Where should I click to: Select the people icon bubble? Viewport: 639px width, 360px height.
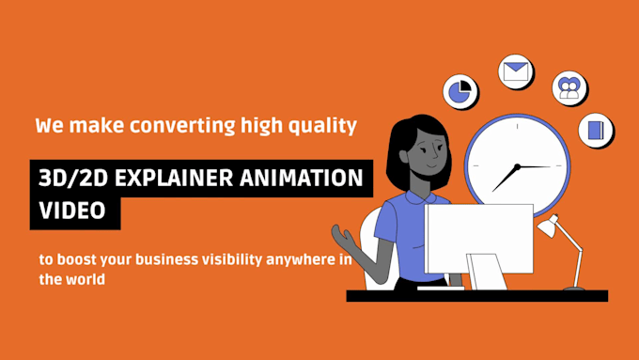point(569,87)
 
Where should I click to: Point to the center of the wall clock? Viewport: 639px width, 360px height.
point(518,166)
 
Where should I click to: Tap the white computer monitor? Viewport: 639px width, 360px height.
point(478,239)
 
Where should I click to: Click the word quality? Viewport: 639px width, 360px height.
point(325,125)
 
